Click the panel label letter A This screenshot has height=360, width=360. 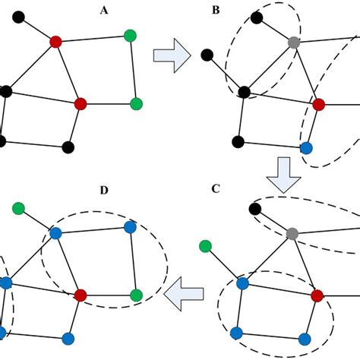103,11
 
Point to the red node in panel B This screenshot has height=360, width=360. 318,103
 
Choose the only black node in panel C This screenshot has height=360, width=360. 255,207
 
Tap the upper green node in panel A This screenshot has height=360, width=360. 131,34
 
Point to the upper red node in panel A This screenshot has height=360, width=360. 55,42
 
